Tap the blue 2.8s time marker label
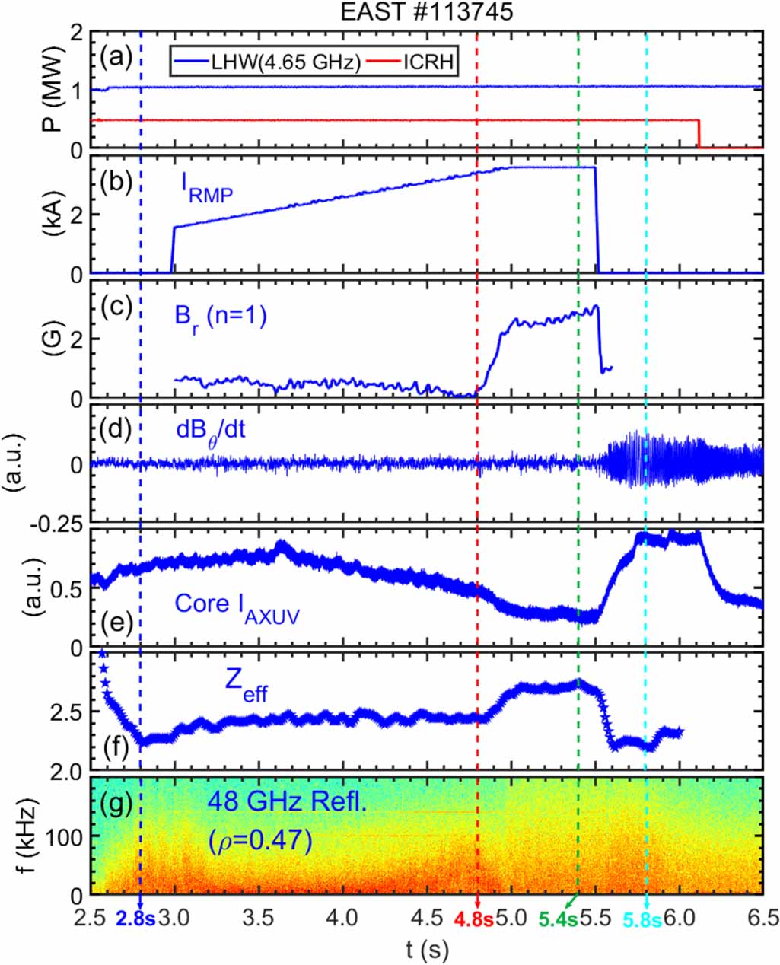coord(136,919)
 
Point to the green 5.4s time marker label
coord(559,919)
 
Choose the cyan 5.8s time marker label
coord(642,919)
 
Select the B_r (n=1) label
coord(221,317)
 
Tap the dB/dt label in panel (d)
coord(211,432)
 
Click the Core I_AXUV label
coord(237,606)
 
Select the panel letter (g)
coord(117,801)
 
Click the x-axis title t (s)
coord(426,949)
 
